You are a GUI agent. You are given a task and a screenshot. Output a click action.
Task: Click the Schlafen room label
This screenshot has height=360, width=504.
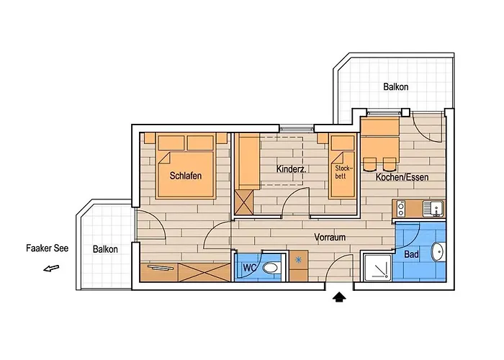[185, 176]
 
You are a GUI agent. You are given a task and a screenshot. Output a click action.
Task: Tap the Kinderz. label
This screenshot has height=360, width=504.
[292, 169]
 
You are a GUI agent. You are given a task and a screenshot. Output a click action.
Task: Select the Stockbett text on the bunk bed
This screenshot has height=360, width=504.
[342, 171]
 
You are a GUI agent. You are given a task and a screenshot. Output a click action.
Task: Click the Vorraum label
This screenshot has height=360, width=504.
[330, 236]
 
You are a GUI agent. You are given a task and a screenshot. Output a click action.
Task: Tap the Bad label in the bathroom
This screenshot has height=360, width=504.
[411, 254]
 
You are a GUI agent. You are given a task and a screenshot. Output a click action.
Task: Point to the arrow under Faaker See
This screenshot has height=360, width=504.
[50, 269]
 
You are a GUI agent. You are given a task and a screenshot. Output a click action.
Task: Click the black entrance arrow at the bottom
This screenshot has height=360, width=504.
[338, 296]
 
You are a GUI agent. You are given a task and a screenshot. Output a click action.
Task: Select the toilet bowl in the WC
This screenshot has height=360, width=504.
[271, 268]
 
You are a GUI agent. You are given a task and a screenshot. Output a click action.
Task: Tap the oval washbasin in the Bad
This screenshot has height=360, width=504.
[437, 252]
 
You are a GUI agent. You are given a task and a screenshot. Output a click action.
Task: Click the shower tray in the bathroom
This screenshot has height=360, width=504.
[377, 267]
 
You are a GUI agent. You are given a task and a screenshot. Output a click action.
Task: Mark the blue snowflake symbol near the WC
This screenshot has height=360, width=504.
[297, 259]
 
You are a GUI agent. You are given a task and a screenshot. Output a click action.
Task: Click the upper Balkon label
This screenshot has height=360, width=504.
[395, 87]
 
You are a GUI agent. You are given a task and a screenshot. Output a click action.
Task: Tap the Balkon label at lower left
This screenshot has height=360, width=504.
[105, 249]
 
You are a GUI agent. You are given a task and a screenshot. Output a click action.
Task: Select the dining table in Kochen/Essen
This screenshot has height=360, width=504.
[380, 128]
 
